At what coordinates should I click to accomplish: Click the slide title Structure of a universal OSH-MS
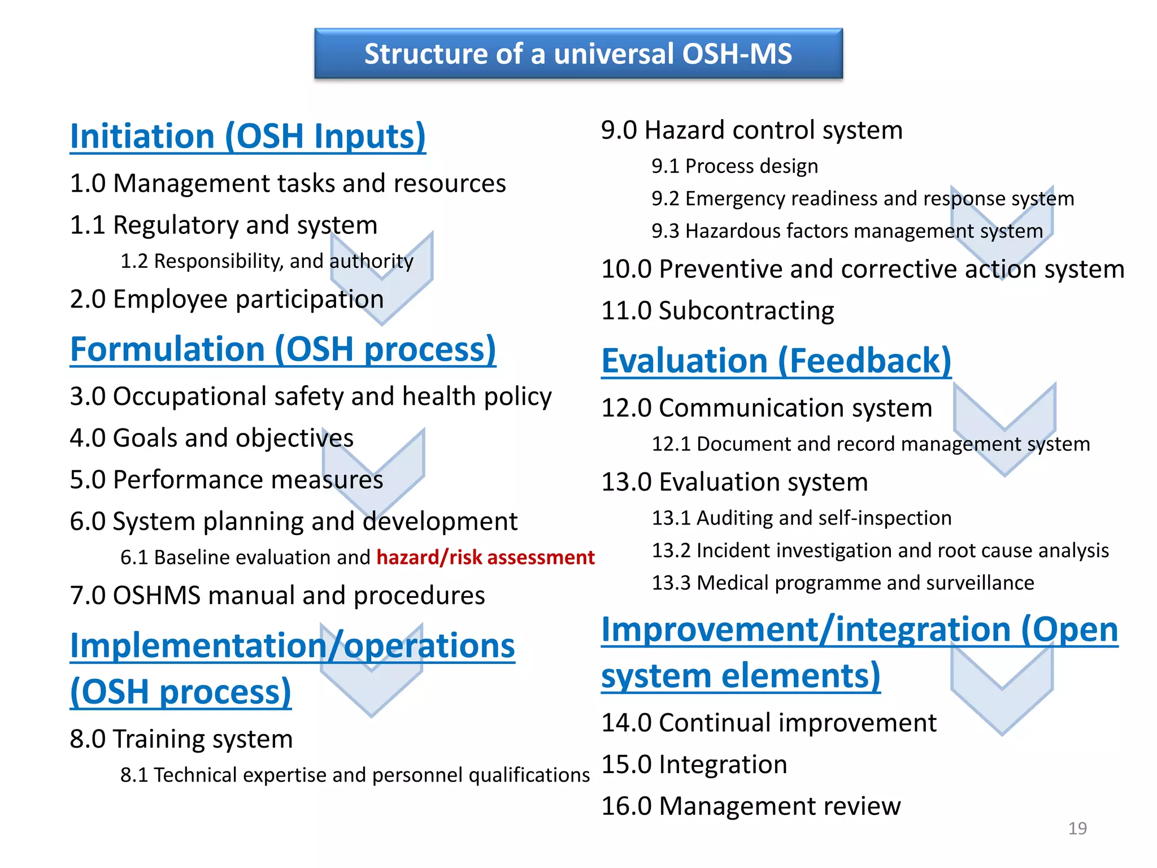[578, 54]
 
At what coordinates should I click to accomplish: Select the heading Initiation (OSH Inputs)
[247, 137]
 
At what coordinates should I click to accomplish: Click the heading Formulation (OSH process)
[282, 350]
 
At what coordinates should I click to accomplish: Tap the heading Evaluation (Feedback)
[776, 361]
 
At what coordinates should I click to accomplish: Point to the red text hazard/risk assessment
[485, 558]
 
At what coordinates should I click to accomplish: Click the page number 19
[1077, 828]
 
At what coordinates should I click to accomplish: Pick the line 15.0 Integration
[694, 765]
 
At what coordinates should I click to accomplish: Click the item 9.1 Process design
[734, 166]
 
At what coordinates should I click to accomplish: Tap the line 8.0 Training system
[181, 739]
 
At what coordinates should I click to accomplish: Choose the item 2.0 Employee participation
[227, 300]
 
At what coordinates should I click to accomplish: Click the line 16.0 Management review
[750, 806]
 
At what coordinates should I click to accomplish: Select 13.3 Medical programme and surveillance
[842, 583]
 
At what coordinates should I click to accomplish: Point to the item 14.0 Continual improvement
[768, 723]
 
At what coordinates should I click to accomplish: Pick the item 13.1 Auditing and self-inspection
[801, 518]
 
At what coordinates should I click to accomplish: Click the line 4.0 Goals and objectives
[211, 439]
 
